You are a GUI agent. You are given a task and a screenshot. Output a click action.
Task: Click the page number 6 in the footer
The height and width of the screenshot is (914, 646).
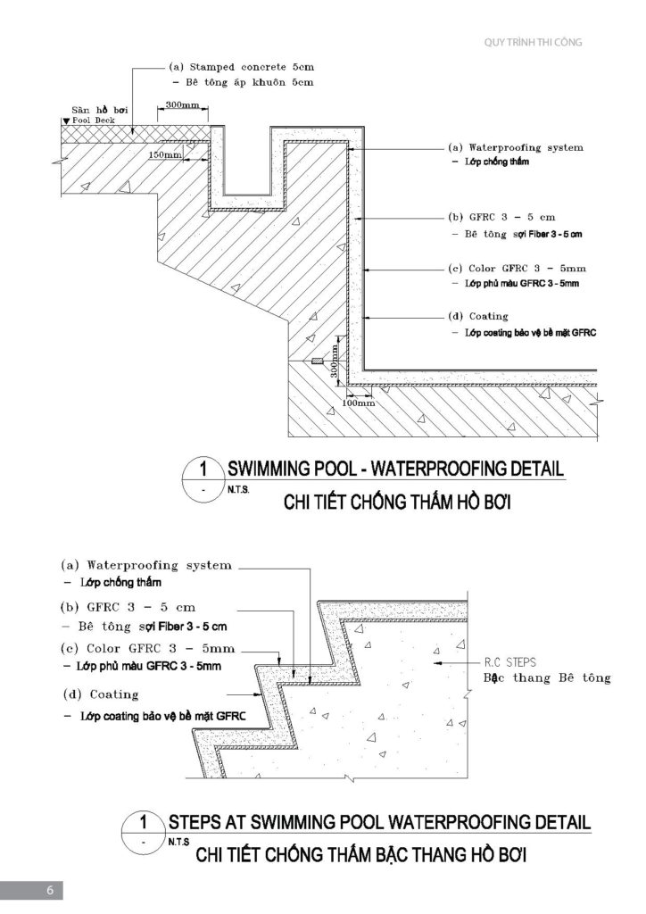tap(50, 890)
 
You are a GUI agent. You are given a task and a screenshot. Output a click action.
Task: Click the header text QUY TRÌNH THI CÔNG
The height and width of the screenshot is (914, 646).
tap(533, 42)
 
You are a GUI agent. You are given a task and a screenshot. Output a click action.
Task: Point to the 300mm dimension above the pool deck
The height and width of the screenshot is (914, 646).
tap(182, 105)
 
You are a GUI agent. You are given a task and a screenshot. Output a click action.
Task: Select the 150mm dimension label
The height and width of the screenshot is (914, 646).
tap(165, 155)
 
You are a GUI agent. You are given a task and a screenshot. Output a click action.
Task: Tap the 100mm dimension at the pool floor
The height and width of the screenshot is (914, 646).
tap(358, 403)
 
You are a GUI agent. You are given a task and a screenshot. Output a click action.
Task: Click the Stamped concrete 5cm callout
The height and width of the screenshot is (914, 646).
tap(242, 67)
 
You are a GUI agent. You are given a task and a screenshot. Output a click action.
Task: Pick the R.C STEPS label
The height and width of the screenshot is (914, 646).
tap(509, 662)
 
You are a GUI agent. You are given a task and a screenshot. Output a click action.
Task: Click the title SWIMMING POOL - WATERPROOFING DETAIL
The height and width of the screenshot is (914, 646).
tap(395, 468)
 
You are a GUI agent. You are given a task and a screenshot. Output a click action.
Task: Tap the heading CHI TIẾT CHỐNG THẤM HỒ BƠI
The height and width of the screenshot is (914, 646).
tap(397, 502)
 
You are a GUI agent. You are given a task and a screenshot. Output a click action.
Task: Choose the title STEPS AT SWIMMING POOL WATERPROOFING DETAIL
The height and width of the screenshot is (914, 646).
tap(379, 822)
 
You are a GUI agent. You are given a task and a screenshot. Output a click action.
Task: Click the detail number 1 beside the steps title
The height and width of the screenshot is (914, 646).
tap(144, 822)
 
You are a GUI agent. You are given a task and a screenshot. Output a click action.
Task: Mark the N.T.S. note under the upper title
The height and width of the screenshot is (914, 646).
tap(238, 490)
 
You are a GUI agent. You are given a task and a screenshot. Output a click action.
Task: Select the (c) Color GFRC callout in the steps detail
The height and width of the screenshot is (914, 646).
tap(148, 649)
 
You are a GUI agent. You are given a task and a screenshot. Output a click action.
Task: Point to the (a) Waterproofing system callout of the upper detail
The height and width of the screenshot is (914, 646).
tap(516, 147)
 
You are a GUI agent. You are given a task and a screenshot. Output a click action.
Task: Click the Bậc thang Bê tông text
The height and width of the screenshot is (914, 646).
tap(547, 678)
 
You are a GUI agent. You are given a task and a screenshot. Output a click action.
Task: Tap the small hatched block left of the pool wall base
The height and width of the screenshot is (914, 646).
tap(316, 361)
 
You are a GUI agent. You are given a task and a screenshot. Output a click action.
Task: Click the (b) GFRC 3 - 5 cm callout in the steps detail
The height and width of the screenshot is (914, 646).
tap(128, 607)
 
